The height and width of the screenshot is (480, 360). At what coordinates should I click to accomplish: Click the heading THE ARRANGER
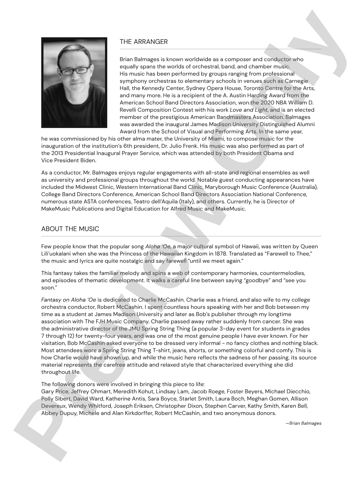[144, 42]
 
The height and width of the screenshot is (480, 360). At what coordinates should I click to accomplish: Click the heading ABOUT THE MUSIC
[70, 229]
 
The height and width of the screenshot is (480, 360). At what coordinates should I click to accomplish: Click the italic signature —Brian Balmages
[303, 423]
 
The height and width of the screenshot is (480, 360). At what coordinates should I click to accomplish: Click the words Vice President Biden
[69, 161]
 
